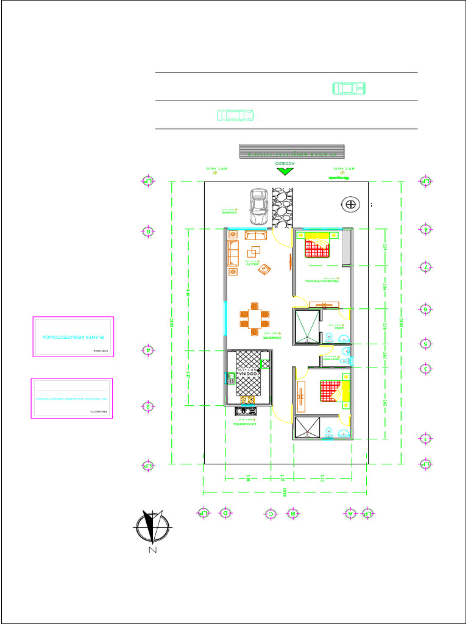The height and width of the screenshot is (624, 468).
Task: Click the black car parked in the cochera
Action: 258,206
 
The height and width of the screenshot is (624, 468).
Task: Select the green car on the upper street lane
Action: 349,88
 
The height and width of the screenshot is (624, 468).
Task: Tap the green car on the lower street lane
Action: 236,115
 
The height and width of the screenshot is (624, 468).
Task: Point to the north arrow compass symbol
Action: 152,526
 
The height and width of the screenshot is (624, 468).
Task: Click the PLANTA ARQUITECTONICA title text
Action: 73,336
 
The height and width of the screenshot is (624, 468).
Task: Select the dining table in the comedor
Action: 254,319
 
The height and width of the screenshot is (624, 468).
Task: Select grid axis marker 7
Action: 426,267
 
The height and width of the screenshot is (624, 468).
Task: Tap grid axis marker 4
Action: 147,350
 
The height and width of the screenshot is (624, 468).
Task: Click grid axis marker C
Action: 271,513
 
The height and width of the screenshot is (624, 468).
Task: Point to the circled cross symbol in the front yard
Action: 350,205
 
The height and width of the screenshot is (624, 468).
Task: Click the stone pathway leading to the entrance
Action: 283,207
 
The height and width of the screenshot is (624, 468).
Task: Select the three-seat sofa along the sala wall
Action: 232,253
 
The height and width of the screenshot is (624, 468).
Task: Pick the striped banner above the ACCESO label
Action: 292,151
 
